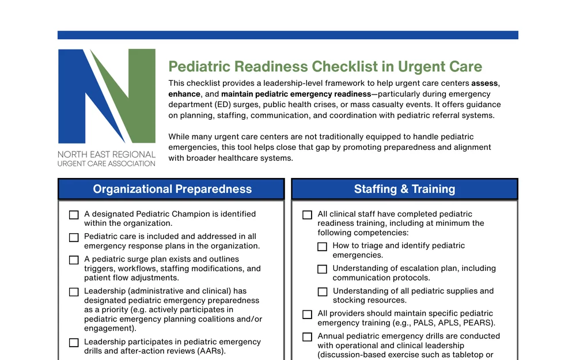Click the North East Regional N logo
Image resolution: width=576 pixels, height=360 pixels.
point(107,96)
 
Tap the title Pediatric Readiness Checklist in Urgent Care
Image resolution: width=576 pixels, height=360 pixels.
point(325,66)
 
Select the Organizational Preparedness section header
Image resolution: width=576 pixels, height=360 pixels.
point(171,189)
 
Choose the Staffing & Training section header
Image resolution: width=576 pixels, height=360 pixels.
point(404,189)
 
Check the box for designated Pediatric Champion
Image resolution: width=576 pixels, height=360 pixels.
point(74,215)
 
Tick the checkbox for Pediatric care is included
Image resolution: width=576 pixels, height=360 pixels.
point(74,237)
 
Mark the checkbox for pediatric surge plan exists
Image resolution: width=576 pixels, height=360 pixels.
point(74,260)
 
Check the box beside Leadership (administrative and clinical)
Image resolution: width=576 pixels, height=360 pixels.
point(74,292)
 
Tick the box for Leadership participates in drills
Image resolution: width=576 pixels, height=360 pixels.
point(74,343)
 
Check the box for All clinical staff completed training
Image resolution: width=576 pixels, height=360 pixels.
point(307,215)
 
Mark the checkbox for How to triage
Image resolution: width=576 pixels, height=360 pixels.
point(322,247)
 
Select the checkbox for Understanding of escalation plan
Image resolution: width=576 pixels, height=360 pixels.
point(322,269)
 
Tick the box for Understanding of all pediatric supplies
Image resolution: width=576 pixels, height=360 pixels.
point(322,292)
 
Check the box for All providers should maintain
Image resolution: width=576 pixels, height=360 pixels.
point(307,314)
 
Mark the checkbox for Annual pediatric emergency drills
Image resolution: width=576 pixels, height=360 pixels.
point(307,337)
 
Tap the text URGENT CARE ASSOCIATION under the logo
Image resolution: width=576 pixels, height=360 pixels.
point(107,164)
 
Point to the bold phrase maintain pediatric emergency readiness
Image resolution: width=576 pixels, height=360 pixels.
point(296,94)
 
